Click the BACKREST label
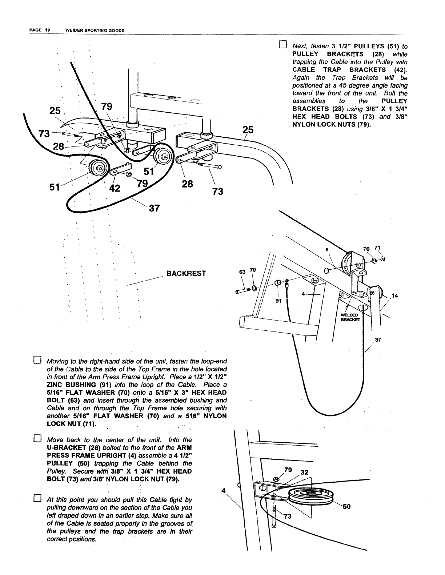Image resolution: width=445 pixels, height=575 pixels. [186, 273]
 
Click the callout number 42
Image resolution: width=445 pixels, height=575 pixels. [115, 189]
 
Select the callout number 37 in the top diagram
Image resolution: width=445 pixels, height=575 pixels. [154, 208]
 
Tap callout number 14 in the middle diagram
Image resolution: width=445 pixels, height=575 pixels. [395, 295]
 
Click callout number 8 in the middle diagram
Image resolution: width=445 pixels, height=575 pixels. [326, 250]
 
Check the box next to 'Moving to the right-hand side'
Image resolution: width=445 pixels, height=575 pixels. [37, 361]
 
